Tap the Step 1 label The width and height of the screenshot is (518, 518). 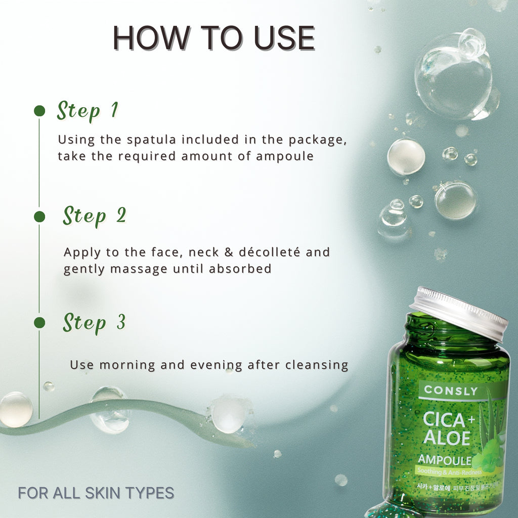pos(87,110)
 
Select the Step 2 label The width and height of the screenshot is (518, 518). pos(94,216)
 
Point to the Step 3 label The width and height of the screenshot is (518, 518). pos(94,322)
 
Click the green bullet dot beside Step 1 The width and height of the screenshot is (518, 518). pos(39,111)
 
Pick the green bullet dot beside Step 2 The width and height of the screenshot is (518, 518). pos(39,217)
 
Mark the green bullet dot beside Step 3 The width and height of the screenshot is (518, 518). pos(39,323)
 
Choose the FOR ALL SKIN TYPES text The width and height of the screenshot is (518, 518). pos(96,493)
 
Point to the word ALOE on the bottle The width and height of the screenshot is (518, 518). pos(447,438)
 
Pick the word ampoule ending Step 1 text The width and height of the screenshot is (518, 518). pos(285,156)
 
